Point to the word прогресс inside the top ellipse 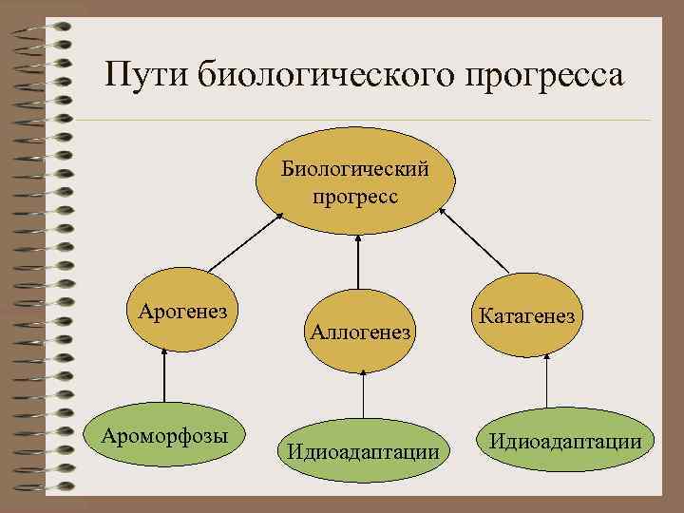click(x=354, y=197)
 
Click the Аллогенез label click(x=359, y=332)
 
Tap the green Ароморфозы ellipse click(x=165, y=437)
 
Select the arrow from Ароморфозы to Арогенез click(x=165, y=375)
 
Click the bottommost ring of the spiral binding click(x=42, y=486)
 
